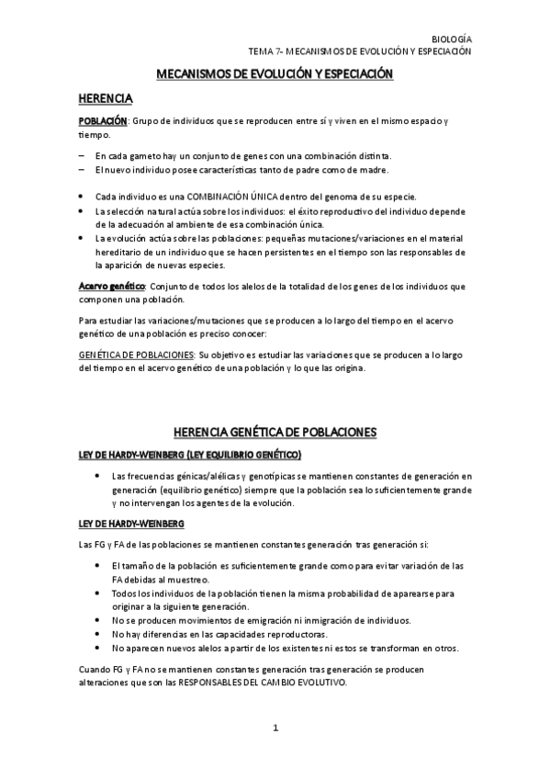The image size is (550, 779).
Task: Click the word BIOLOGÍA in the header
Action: [452, 40]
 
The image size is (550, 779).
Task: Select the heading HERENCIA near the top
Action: [107, 97]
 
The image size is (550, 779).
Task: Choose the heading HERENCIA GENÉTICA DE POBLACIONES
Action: [275, 433]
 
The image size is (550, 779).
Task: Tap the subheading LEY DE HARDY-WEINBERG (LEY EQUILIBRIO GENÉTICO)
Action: [189, 455]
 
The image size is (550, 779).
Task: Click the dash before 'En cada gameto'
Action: [82, 156]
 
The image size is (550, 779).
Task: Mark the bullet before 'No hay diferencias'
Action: [98, 634]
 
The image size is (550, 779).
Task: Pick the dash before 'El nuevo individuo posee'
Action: [82, 170]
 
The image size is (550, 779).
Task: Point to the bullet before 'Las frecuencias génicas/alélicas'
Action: [98, 476]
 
